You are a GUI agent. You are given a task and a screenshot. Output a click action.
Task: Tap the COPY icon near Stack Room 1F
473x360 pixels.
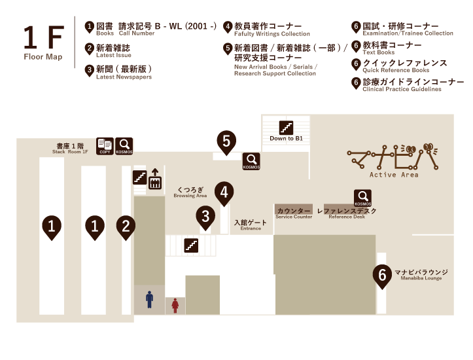coord(105,147)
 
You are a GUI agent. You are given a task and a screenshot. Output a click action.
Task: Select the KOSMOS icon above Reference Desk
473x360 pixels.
coord(363,198)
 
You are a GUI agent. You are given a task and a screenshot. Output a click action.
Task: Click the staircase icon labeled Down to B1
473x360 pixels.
coord(286,127)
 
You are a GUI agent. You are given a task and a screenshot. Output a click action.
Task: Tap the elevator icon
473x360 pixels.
coord(155,179)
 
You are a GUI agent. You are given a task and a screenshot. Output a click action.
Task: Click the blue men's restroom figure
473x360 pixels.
coord(149,300)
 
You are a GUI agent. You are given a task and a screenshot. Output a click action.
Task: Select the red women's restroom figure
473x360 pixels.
coord(175,304)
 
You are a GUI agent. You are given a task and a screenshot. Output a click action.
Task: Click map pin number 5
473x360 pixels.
coord(226,141)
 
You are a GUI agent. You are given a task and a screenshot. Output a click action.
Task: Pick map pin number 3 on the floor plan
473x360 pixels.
coord(206,217)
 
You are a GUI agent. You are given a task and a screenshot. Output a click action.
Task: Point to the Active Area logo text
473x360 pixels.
coord(393,175)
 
